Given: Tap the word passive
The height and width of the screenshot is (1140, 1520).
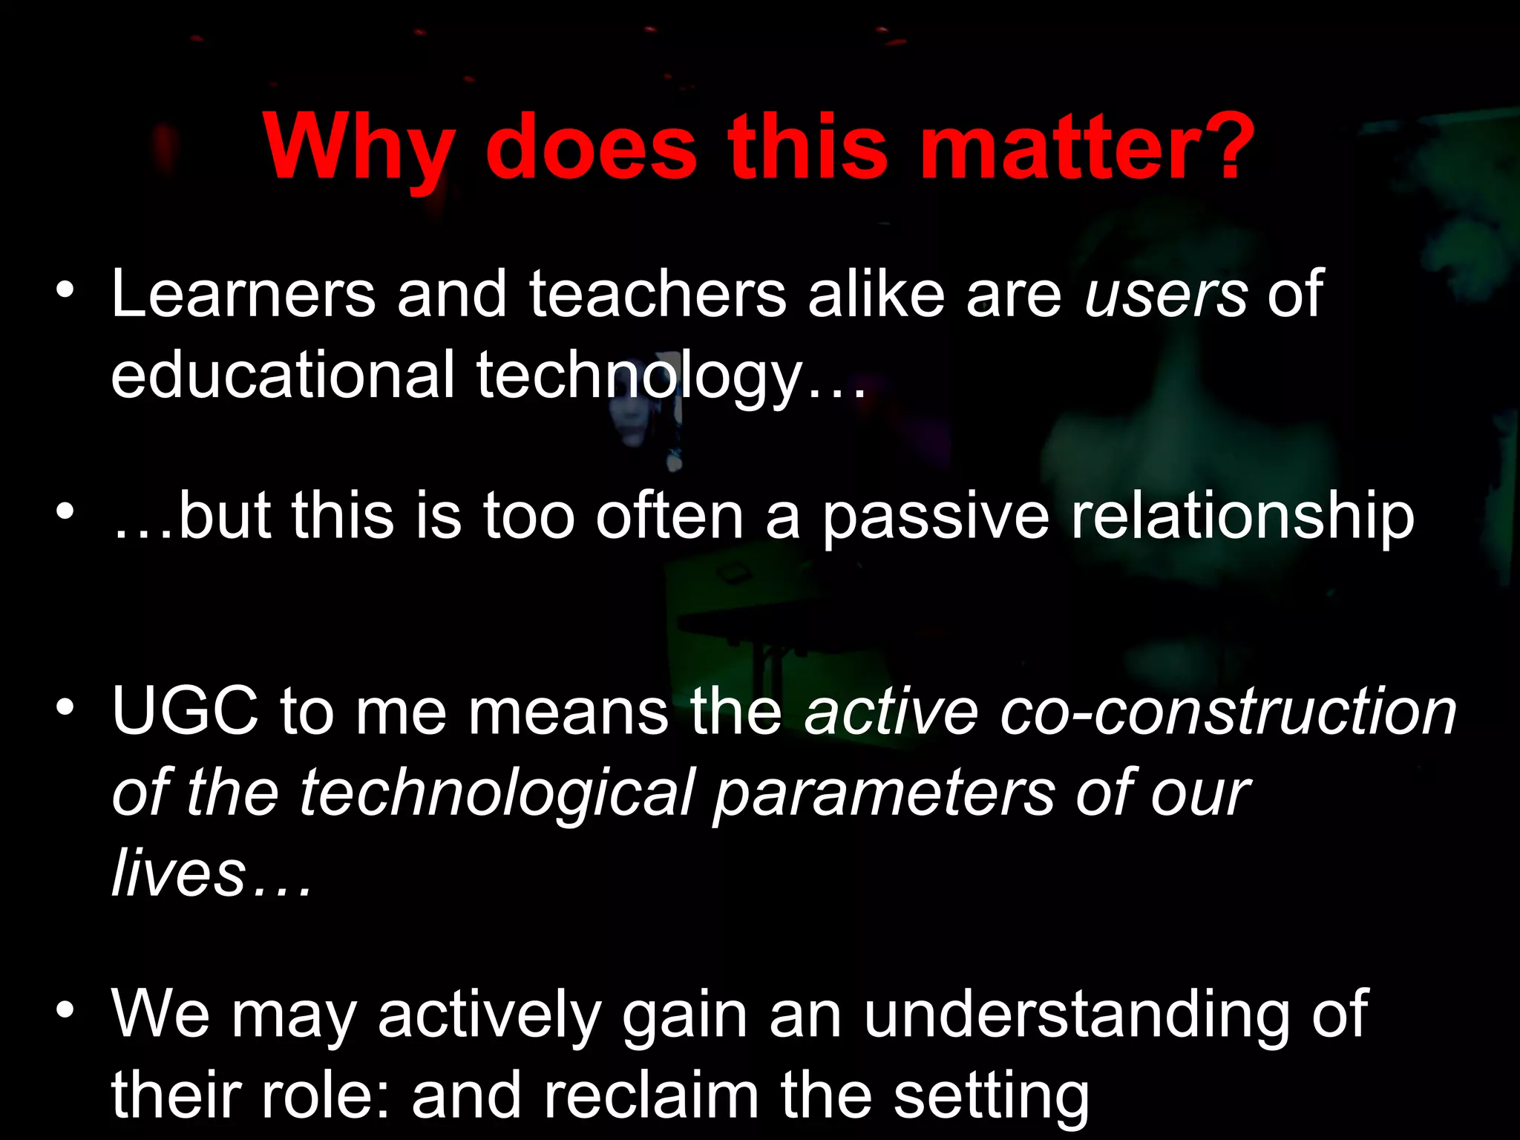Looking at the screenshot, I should point(936,517).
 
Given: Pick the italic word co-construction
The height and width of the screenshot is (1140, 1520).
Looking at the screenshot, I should point(1228,711).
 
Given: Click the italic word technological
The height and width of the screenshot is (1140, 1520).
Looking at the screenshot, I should point(497,793).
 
